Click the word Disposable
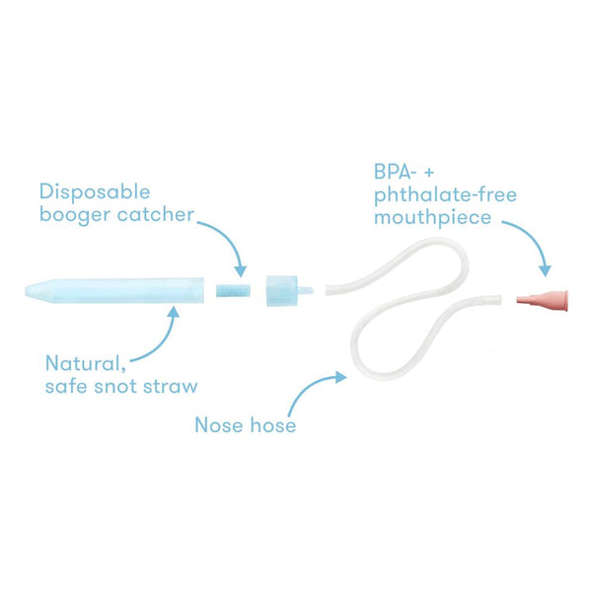(x=95, y=191)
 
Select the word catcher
(x=156, y=214)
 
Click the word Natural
(x=85, y=363)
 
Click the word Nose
(x=219, y=425)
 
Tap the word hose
(x=273, y=424)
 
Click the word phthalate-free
(x=445, y=195)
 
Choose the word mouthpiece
(x=432, y=218)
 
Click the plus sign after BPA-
(x=429, y=173)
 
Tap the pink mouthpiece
(x=543, y=301)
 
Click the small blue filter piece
(x=233, y=290)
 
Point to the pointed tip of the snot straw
(x=26, y=291)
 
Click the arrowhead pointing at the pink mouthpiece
(x=545, y=271)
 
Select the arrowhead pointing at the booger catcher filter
(x=241, y=271)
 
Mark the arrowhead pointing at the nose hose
(x=341, y=377)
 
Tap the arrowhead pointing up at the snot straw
(x=174, y=312)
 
